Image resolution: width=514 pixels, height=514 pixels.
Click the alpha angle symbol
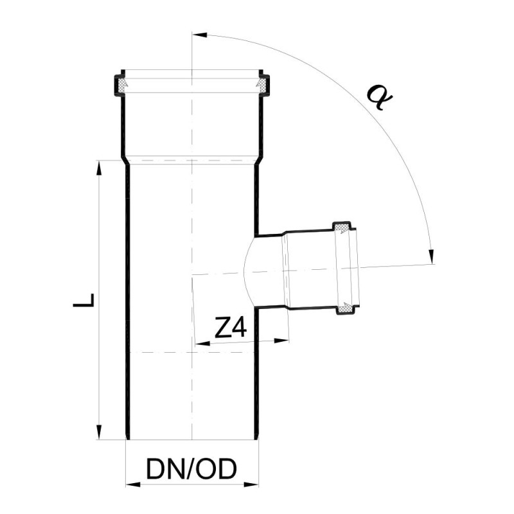(x=380, y=98)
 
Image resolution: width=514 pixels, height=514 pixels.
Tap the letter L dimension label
(x=84, y=300)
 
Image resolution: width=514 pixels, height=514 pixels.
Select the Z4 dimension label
(x=230, y=328)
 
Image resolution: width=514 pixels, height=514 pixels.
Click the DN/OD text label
(x=191, y=469)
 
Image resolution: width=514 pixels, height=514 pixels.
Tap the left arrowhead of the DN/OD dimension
(x=133, y=484)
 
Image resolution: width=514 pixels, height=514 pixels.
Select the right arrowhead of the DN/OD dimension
(x=251, y=484)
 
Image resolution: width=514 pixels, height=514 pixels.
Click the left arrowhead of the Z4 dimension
(x=202, y=344)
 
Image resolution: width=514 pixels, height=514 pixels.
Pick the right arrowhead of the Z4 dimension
(x=281, y=341)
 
